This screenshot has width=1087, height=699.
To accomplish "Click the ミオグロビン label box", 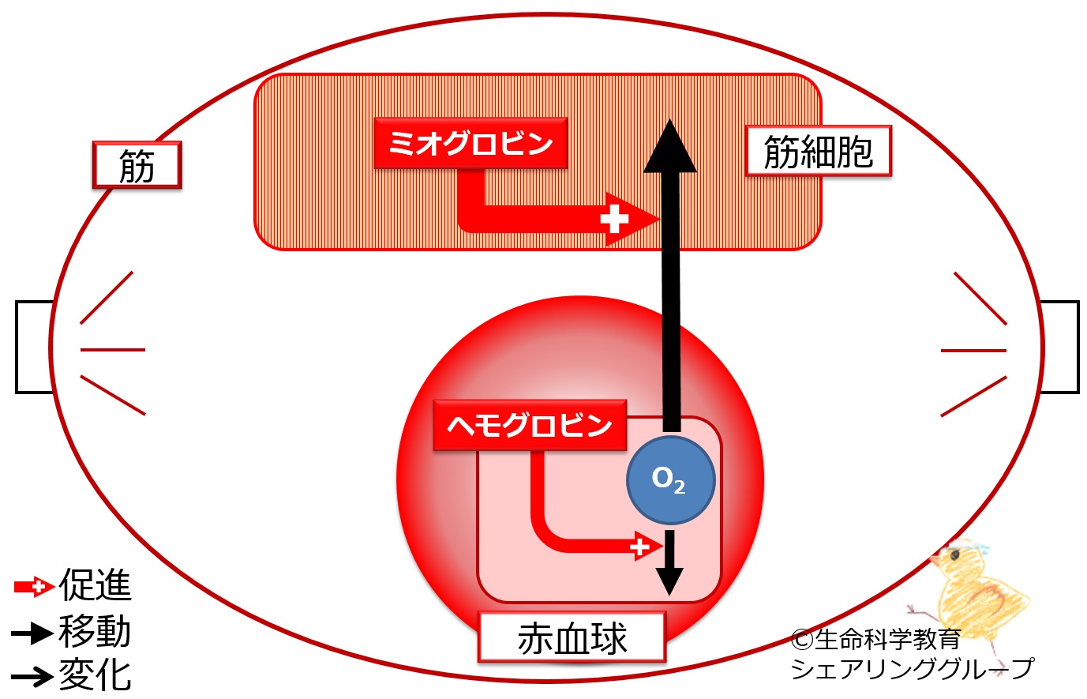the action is tap(470, 143).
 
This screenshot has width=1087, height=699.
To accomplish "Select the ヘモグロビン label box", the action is tap(530, 425).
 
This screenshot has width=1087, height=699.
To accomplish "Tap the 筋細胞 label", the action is tap(819, 151).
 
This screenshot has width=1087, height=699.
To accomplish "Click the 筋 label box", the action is tap(137, 165).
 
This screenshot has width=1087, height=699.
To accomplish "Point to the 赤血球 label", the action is tap(572, 637).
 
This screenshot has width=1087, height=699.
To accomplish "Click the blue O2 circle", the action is tap(671, 480).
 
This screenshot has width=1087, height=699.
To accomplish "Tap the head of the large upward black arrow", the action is tap(670, 145).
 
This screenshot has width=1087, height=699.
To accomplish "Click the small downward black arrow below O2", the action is tap(669, 562).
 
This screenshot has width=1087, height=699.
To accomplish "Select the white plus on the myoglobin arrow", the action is tap(614, 219).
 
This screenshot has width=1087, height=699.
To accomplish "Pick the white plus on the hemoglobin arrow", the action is tap(639, 547).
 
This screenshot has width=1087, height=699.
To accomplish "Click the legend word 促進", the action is tap(95, 585).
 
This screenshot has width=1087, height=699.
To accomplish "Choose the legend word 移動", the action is tap(95, 631).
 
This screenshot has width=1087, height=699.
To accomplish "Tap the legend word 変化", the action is tap(95, 675).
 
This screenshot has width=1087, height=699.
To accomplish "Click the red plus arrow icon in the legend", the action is tap(34, 588).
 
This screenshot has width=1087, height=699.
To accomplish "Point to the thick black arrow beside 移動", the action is tap(32, 633).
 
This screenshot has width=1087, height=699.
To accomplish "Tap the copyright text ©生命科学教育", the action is tap(875, 639).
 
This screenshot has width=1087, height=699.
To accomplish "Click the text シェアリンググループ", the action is tap(913, 669).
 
